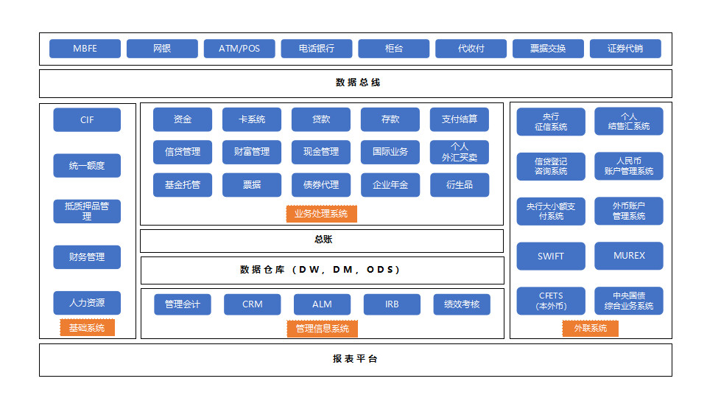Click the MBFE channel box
[x=85, y=49]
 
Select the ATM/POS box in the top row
[x=239, y=49]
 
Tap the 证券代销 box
[x=625, y=49]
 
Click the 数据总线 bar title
[x=358, y=83]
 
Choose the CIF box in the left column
[x=87, y=120]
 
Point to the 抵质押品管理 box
[x=87, y=212]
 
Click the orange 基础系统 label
[x=87, y=328]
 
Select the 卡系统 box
[x=252, y=119]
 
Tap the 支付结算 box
[x=460, y=119]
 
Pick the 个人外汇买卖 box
[x=460, y=152]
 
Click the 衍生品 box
[x=460, y=185]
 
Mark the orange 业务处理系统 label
[x=321, y=214]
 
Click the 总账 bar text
[x=323, y=240]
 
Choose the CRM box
[x=252, y=304]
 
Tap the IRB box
[x=392, y=304]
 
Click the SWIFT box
[x=551, y=256]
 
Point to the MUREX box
[x=629, y=256]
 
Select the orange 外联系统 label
[x=591, y=328]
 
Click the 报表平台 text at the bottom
[x=355, y=360]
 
